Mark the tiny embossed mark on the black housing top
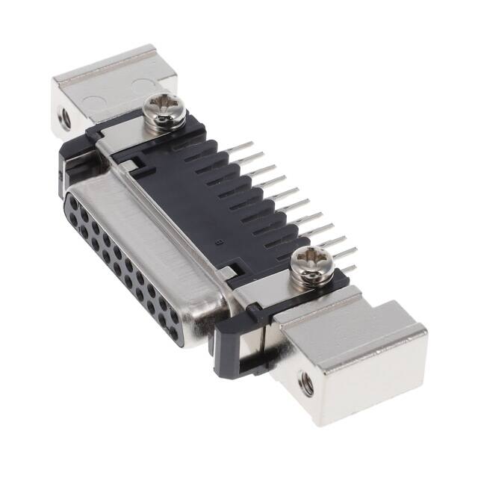coord(216,240)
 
